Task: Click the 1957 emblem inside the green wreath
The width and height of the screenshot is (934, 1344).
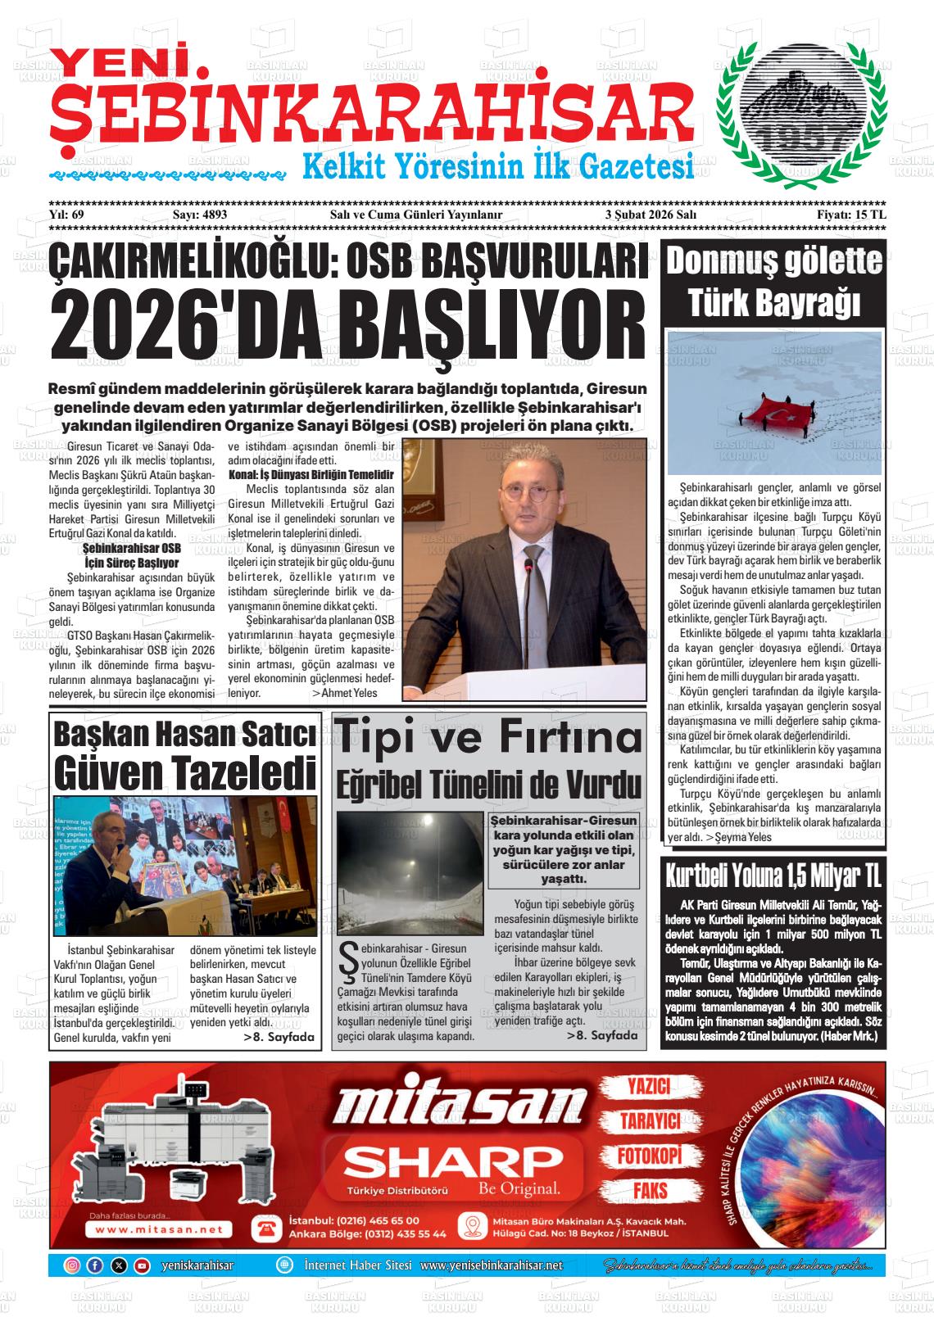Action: point(800,113)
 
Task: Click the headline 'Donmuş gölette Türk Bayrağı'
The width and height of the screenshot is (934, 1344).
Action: point(774,283)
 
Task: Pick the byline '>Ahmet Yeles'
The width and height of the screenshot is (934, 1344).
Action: point(345,692)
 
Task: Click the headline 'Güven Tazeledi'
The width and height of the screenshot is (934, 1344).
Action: point(184,771)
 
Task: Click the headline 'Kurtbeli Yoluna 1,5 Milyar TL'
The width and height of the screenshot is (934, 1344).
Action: point(773,876)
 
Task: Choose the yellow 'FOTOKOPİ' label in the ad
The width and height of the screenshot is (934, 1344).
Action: point(649,1156)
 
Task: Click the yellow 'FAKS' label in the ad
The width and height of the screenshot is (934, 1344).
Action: point(649,1190)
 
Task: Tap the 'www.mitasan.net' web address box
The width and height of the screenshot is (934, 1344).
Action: point(159,1229)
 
